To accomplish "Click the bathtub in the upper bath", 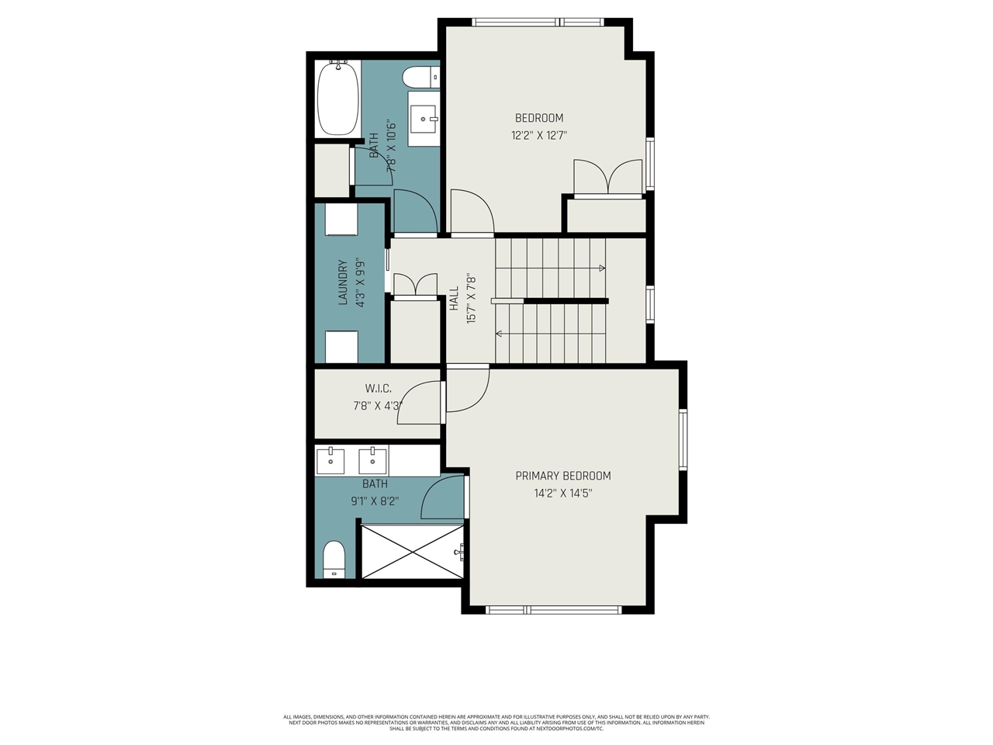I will point(337,99).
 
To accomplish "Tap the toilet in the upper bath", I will point(420,78).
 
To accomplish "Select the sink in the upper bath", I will point(424,119).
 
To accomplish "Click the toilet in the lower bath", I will point(334,559).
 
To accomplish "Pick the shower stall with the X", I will point(412,551).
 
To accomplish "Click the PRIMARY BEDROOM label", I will point(562,476).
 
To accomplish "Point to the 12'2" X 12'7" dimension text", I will point(539,135).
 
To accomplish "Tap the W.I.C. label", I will point(378,388).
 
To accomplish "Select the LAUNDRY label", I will point(343,282).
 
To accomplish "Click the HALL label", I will point(455,298).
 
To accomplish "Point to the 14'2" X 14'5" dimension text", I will point(563,493).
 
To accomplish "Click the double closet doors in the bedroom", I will point(607,178).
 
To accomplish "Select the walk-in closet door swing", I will point(420,404).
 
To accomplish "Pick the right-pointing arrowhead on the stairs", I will point(603,269).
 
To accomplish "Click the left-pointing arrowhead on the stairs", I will point(498,334).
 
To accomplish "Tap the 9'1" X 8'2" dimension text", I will point(375,501).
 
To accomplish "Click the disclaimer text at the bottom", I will point(496,722).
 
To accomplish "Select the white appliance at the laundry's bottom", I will point(341,347).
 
